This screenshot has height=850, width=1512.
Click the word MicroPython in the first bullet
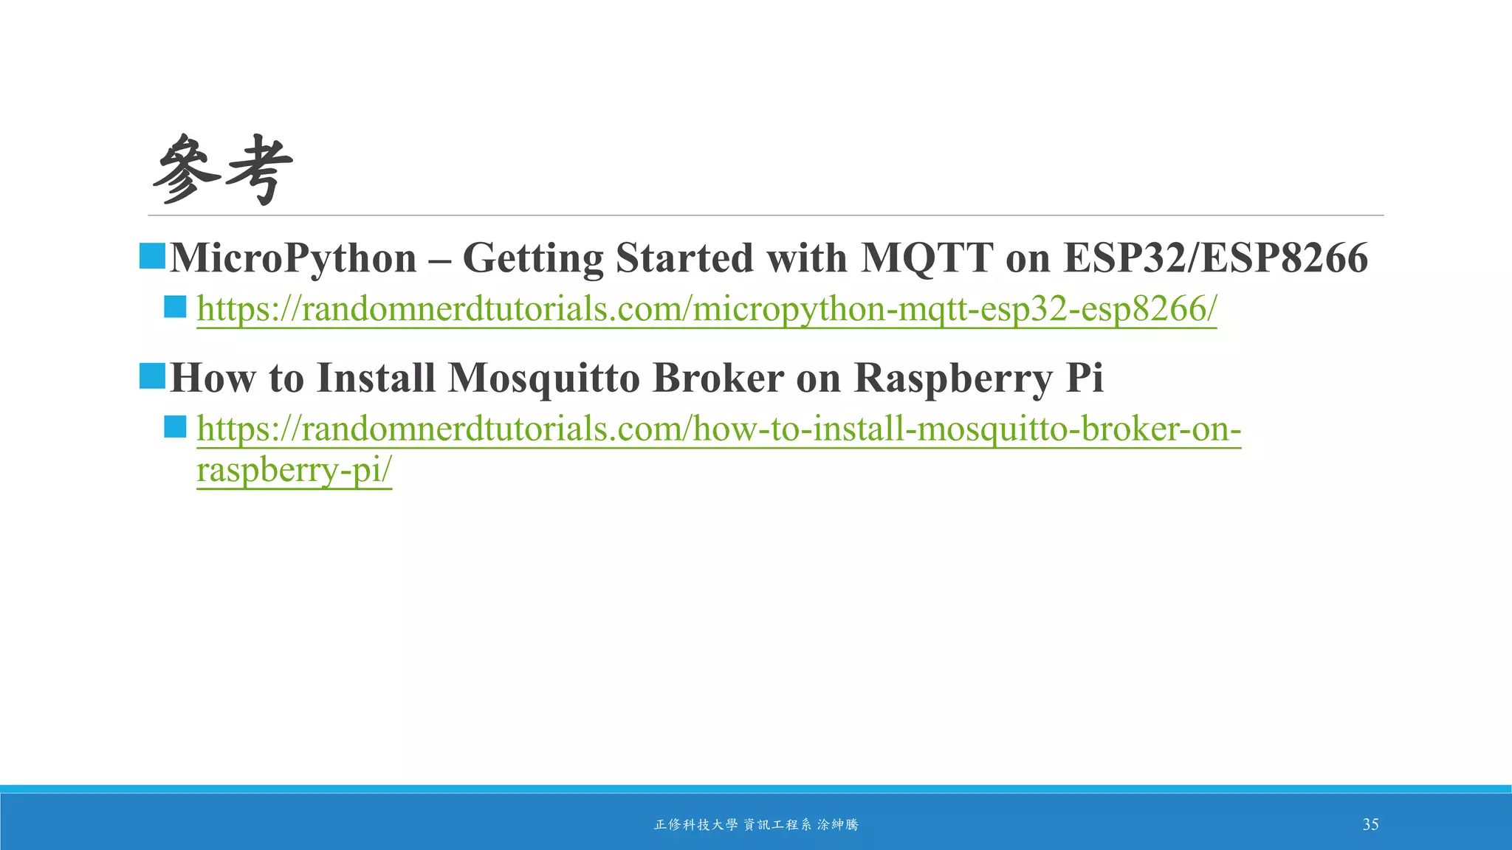click(x=293, y=258)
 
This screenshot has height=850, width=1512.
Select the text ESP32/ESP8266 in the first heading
click(x=1215, y=258)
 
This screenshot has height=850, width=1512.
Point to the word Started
click(x=684, y=258)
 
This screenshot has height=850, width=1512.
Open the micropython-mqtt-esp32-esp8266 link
click(x=706, y=309)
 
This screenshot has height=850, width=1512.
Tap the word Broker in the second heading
click(x=718, y=378)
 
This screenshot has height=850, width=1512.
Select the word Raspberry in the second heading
click(x=952, y=379)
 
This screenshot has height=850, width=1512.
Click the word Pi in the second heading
click(x=1085, y=378)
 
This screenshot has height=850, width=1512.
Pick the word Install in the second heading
click(x=376, y=378)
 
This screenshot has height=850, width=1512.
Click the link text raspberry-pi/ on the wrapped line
click(x=294, y=470)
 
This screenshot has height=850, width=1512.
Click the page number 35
click(x=1370, y=824)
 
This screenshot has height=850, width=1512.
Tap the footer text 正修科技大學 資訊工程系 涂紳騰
click(x=756, y=825)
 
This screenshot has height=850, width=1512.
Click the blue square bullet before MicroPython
click(x=152, y=256)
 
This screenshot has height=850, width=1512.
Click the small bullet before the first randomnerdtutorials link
click(x=175, y=307)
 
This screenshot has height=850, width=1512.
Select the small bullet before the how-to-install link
click(x=175, y=426)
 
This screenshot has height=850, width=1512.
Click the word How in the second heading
click(x=212, y=378)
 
